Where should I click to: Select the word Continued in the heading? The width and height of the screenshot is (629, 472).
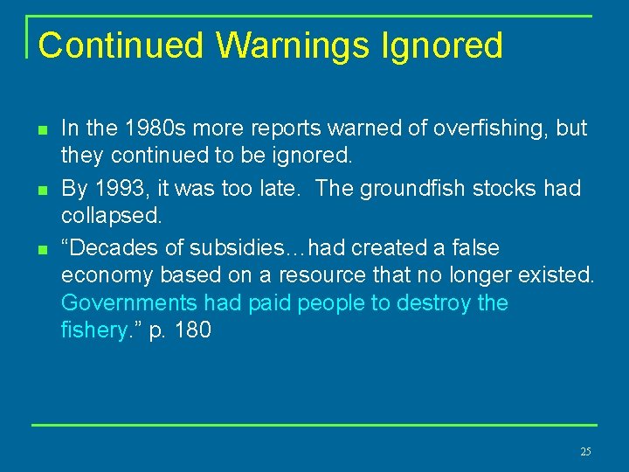[x=121, y=45]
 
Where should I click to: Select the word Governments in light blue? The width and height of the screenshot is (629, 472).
[x=129, y=303]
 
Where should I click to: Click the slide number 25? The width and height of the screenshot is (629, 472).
[x=585, y=452]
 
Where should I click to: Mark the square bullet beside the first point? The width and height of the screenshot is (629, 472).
[x=41, y=130]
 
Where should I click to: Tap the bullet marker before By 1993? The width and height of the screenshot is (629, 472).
[x=41, y=191]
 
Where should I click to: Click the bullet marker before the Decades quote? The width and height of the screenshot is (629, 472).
[x=41, y=250]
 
